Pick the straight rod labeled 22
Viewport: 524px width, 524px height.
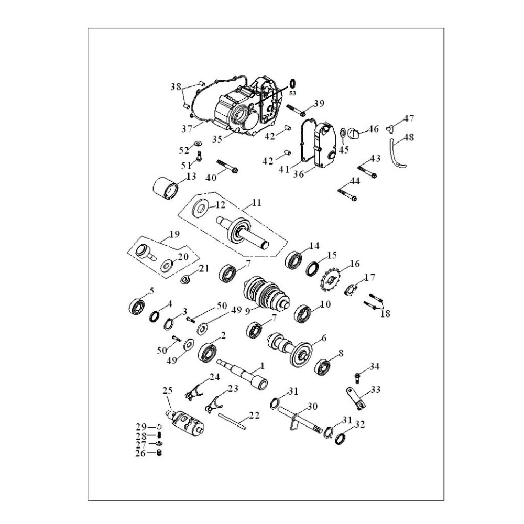click(x=234, y=420)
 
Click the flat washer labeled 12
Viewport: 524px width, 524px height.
click(x=200, y=208)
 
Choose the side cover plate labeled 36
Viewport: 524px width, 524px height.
click(x=319, y=147)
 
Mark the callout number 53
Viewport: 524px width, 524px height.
click(x=292, y=93)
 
